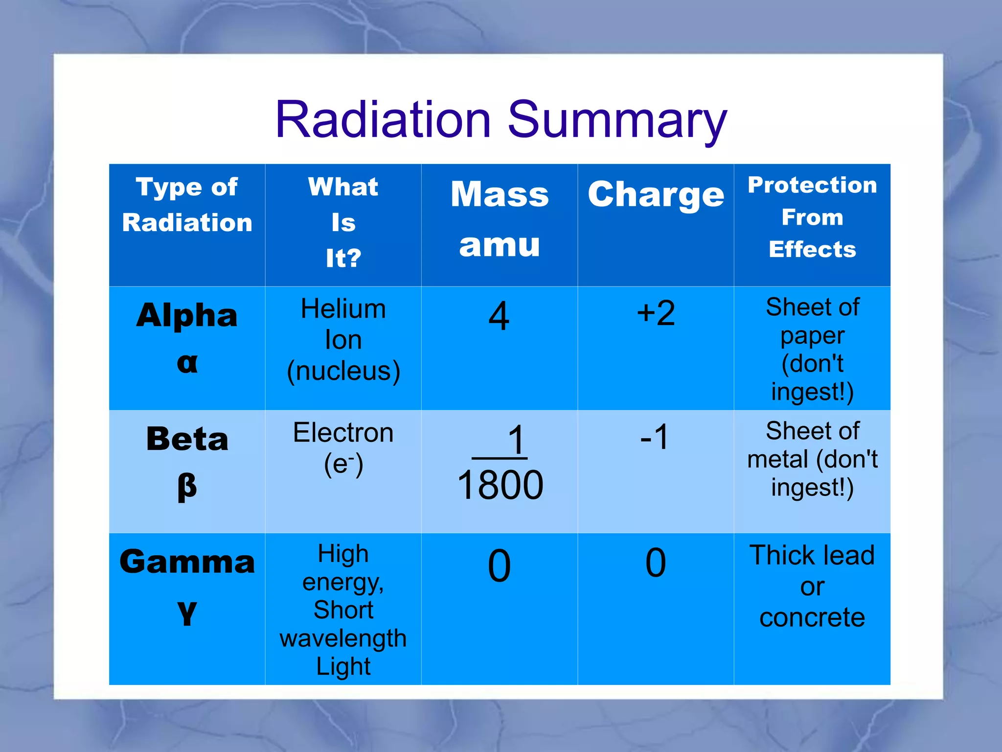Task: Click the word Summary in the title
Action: click(617, 120)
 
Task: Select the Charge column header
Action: click(656, 195)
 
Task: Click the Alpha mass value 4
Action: click(499, 316)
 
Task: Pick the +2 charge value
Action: click(656, 313)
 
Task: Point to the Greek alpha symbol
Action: click(187, 363)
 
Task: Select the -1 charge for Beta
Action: click(655, 437)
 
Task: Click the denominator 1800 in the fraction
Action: click(500, 485)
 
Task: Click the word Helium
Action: click(343, 309)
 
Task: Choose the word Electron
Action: click(343, 433)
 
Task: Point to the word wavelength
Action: click(343, 638)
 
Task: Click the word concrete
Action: click(812, 617)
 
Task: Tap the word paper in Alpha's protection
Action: click(812, 336)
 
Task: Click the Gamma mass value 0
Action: click(499, 566)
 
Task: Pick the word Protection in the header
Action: click(812, 185)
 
